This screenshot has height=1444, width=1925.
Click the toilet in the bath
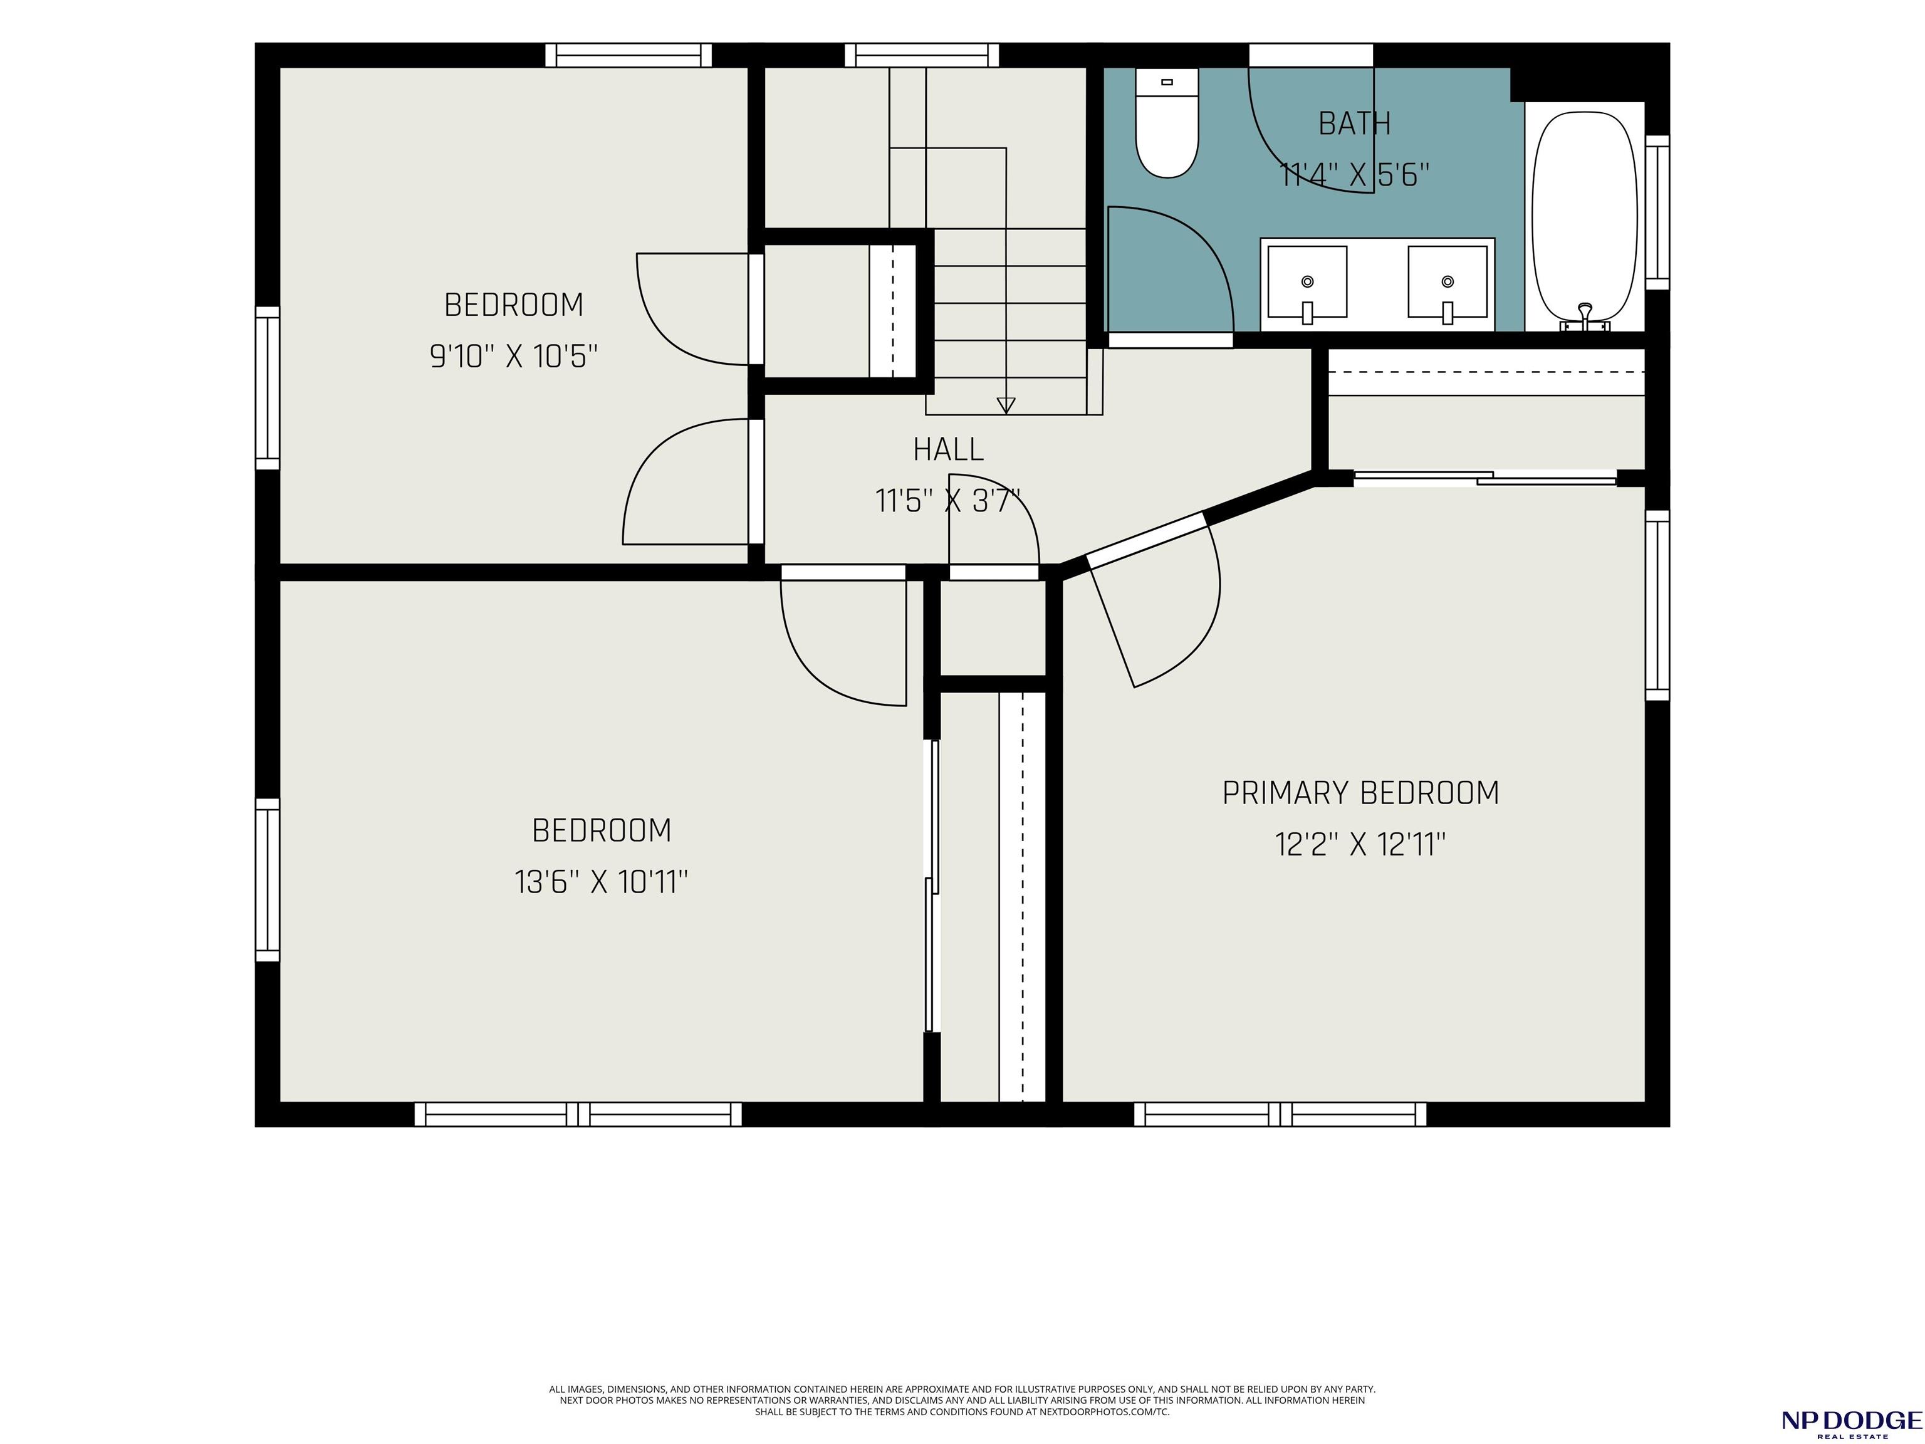point(1167,123)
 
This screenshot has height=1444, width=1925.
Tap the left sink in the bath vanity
point(1307,283)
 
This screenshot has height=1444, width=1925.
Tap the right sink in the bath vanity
point(1448,283)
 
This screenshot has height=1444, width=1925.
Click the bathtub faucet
point(1585,318)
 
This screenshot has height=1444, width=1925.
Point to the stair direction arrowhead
point(1006,405)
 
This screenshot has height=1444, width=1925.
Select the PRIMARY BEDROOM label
point(1360,793)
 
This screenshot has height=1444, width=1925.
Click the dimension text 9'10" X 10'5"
point(513,356)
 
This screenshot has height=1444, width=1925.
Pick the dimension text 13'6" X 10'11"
point(600,882)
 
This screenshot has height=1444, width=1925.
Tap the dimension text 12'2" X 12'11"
point(1360,844)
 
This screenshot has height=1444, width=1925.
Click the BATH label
point(1354,123)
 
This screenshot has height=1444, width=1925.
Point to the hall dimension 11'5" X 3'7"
point(947,501)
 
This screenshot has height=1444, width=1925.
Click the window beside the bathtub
point(1657,212)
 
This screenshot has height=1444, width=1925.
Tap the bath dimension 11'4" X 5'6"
point(1354,175)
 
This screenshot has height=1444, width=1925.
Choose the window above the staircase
point(922,55)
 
